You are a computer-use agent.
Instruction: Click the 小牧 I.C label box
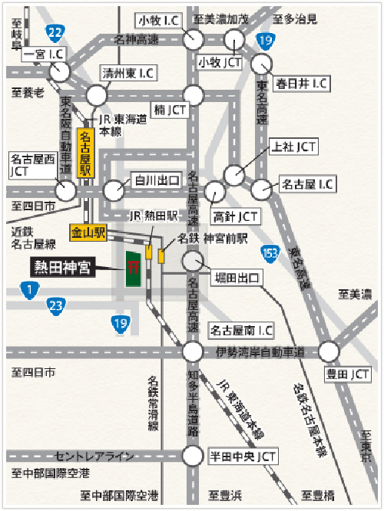[159, 20]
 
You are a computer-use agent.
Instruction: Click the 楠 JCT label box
[170, 110]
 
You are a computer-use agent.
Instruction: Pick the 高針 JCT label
[235, 216]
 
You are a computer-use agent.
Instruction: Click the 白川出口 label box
[157, 181]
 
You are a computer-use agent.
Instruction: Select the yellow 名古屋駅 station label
[86, 153]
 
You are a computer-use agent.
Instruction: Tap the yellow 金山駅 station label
[86, 230]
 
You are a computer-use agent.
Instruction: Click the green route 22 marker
[55, 32]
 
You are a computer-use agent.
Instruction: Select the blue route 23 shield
[55, 307]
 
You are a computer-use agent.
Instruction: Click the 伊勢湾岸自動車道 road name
[260, 352]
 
